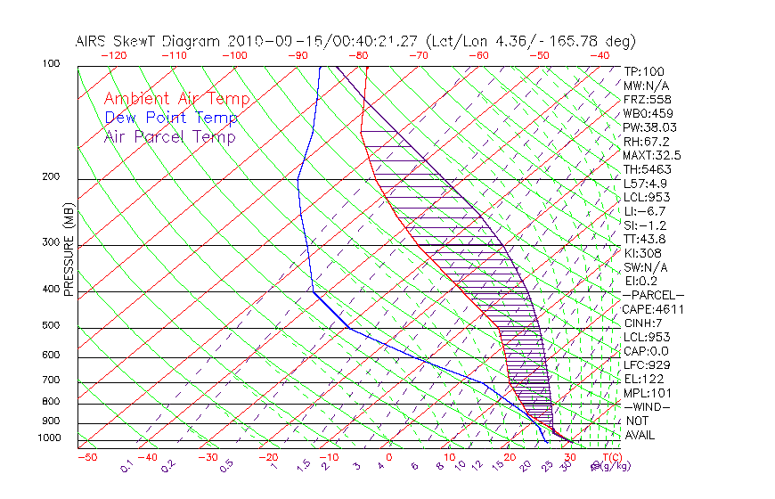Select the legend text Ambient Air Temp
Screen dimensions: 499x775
tap(176, 99)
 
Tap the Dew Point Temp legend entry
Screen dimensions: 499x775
tap(171, 118)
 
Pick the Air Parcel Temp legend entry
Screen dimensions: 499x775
tap(170, 136)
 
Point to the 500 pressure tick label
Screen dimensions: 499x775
tap(52, 326)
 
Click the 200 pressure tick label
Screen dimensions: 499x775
tap(52, 177)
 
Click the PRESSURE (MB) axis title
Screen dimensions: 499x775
tap(69, 250)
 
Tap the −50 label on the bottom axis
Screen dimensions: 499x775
tap(86, 457)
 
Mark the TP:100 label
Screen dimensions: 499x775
tap(644, 71)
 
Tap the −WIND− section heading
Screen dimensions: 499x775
tap(648, 406)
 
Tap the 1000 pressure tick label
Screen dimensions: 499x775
tap(49, 438)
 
